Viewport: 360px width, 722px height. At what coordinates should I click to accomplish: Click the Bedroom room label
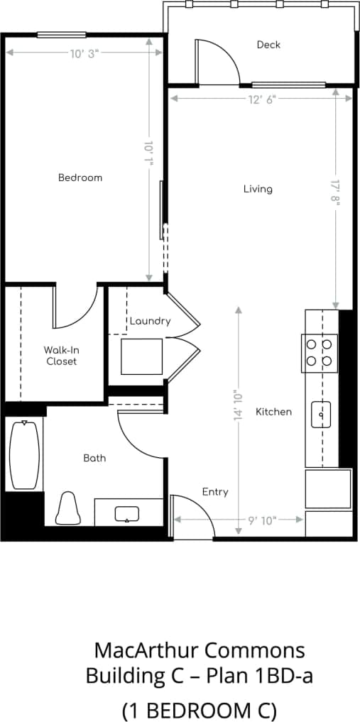pos(80,177)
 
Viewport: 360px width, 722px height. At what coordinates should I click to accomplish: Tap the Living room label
pos(258,189)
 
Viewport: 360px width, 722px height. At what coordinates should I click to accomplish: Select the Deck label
pos(268,45)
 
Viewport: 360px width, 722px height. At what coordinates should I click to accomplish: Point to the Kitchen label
pos(273,412)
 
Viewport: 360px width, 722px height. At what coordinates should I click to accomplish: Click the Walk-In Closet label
pos(60,356)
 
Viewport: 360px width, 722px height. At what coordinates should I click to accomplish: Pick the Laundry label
pos(150,321)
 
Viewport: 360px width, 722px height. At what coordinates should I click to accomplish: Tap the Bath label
pos(94,458)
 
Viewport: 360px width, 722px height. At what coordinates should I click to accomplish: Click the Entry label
pos(215,492)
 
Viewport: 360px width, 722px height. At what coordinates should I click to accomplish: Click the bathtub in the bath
pos(24,454)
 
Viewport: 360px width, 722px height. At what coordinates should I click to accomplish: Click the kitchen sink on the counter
pos(322,414)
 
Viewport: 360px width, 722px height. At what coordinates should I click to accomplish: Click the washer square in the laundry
pos(142,356)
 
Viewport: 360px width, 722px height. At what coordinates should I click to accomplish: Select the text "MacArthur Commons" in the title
pos(200,650)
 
